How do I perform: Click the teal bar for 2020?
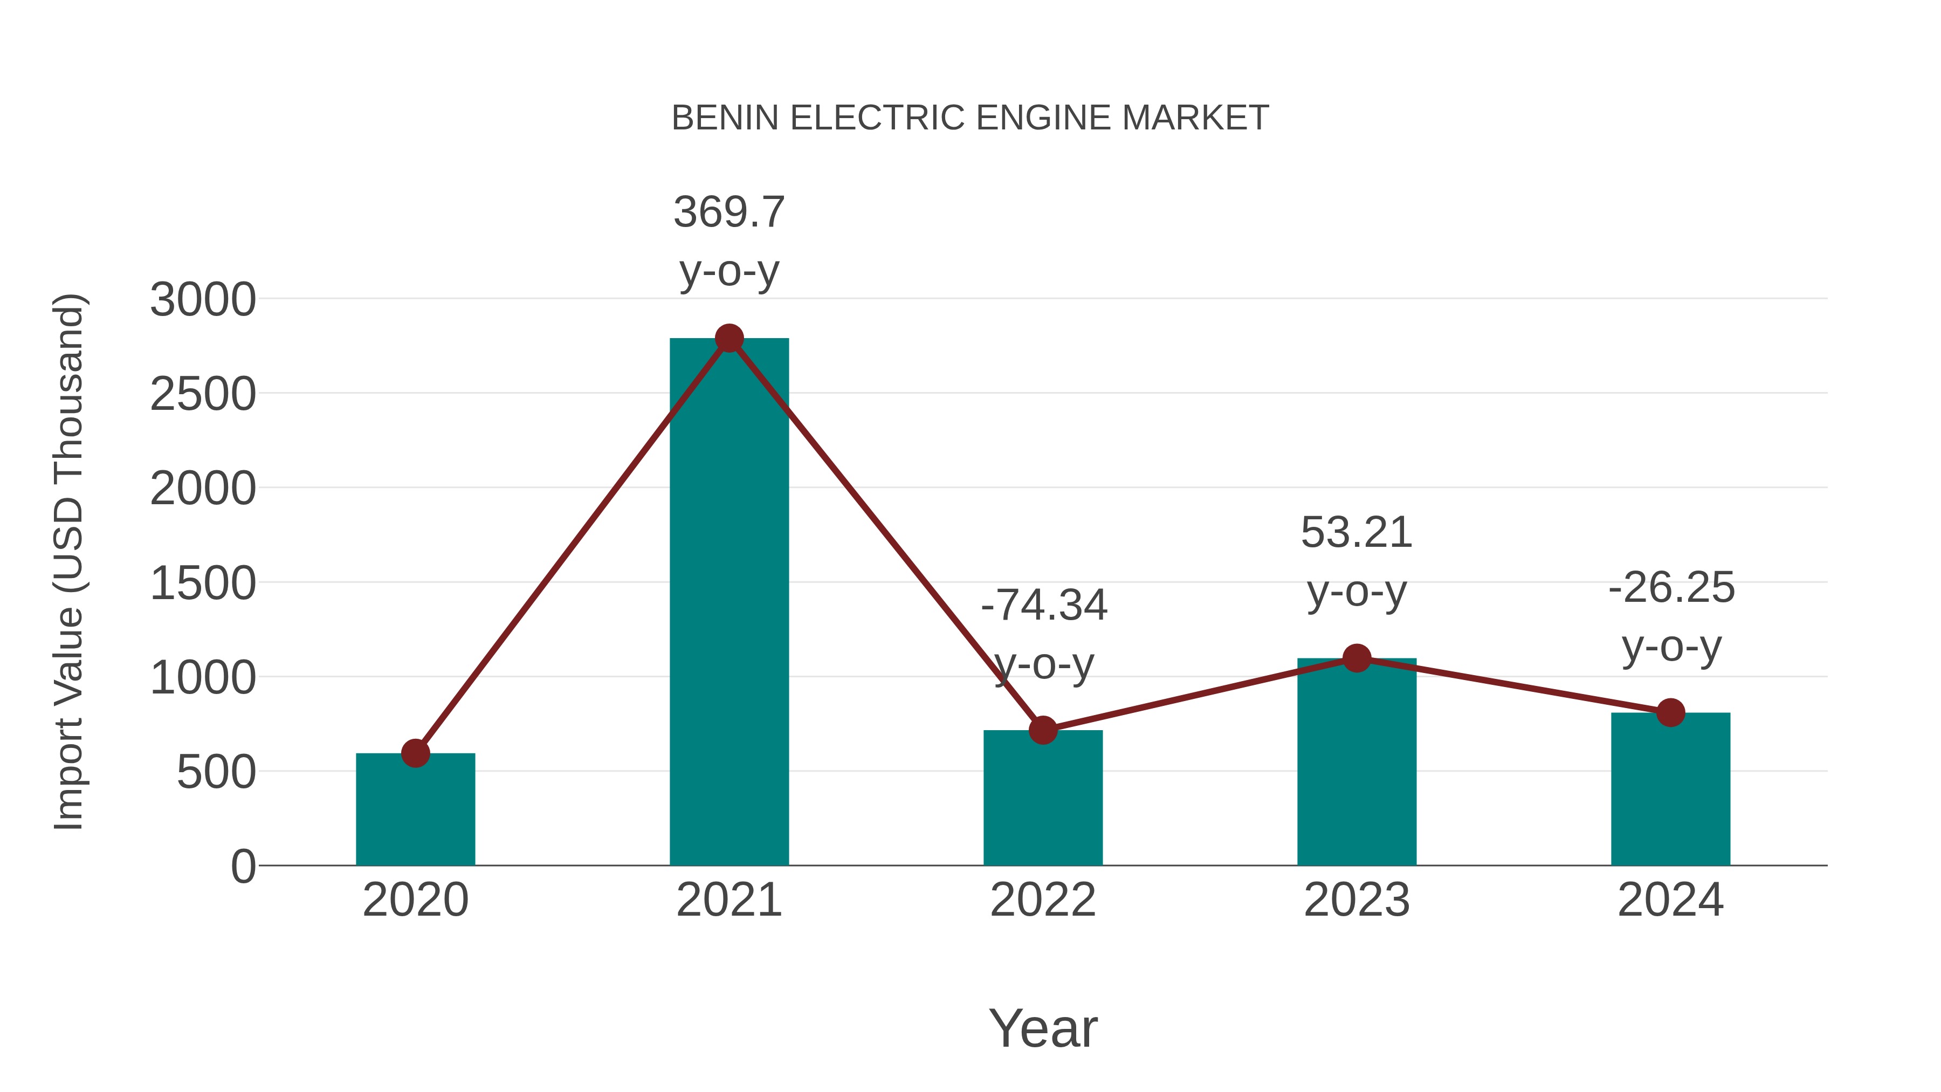point(415,810)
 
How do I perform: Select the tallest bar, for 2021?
point(728,603)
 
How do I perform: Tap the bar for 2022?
point(1043,799)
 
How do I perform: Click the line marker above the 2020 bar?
point(415,753)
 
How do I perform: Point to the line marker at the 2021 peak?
point(728,338)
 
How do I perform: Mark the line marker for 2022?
point(1043,730)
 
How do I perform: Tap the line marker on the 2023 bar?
point(1357,658)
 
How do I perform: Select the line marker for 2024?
point(1670,712)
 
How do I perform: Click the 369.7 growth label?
point(728,212)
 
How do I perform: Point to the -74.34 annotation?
point(1044,605)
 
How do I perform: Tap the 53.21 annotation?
point(1357,533)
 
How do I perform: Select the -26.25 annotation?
point(1671,588)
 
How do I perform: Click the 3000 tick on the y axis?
point(203,300)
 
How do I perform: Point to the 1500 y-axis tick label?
point(203,584)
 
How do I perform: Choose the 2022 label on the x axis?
point(1043,900)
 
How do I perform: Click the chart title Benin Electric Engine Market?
point(970,118)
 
